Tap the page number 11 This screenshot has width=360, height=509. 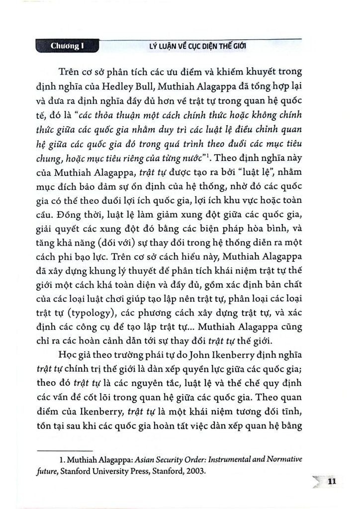[x=333, y=482]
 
